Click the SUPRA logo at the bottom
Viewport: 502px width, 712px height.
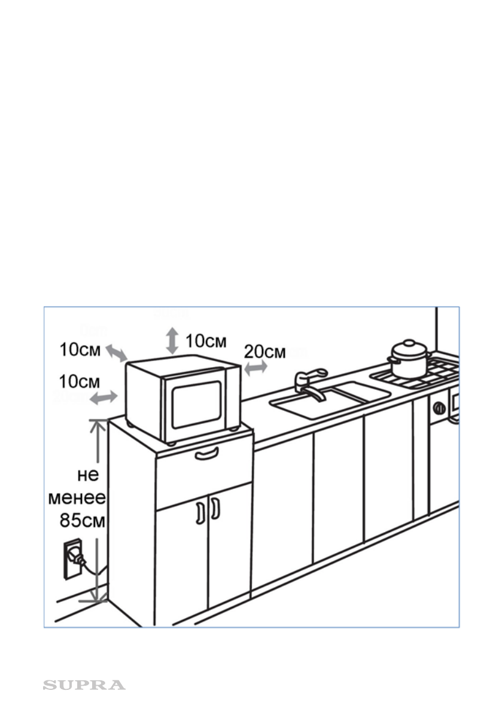tap(84, 685)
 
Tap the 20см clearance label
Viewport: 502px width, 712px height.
tap(265, 352)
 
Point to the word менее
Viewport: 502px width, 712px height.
tap(77, 497)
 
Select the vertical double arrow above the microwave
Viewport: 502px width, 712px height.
tap(172, 340)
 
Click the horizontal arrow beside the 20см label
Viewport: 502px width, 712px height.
tap(255, 368)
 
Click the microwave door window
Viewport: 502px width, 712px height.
tap(197, 404)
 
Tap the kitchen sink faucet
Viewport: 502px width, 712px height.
tap(309, 384)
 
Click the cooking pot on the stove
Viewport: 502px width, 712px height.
tap(409, 360)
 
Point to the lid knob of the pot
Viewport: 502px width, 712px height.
tap(409, 344)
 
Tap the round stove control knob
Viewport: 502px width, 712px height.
tap(439, 409)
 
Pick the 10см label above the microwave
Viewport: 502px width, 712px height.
tap(205, 341)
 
